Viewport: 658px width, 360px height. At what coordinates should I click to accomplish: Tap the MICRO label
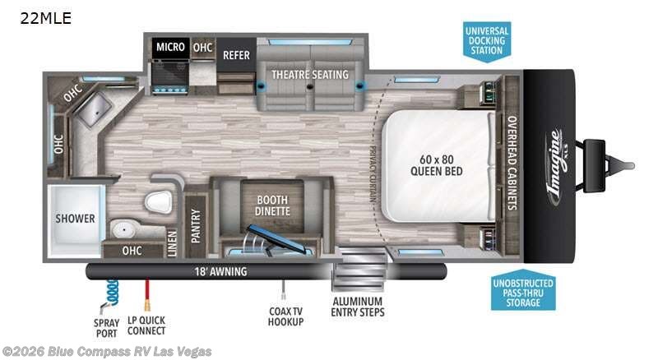(171, 48)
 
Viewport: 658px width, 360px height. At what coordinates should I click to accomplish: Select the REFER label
(236, 55)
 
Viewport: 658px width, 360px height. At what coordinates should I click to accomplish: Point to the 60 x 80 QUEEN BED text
(436, 165)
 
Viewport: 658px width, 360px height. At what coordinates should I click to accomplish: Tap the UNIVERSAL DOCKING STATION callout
(487, 39)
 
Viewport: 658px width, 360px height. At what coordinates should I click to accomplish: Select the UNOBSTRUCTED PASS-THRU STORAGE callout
(523, 293)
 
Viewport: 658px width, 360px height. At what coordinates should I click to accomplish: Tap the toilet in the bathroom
(156, 201)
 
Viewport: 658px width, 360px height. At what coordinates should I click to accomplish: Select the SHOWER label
(76, 219)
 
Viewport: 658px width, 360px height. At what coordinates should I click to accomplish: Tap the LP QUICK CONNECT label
(146, 325)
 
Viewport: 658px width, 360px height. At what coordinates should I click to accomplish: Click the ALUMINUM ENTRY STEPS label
(358, 305)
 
